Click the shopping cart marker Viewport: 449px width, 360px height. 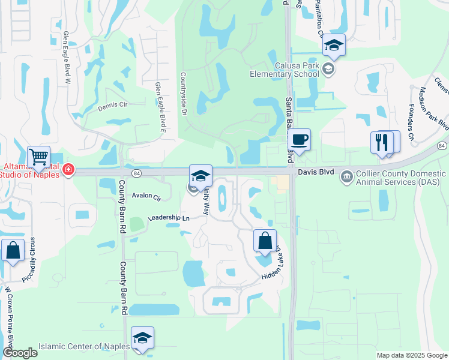click(38, 157)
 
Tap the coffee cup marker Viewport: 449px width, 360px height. click(298, 140)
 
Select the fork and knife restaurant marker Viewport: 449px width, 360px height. click(382, 142)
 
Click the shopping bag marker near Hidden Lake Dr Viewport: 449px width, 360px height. click(265, 241)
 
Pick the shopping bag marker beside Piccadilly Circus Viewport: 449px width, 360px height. click(13, 250)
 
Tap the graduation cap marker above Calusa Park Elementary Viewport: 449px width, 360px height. click(334, 46)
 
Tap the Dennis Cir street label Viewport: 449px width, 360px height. click(113, 107)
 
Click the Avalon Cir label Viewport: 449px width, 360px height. click(147, 196)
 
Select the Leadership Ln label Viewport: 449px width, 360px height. click(169, 218)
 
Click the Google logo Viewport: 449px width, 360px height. click(20, 353)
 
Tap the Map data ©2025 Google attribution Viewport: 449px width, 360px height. click(411, 355)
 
